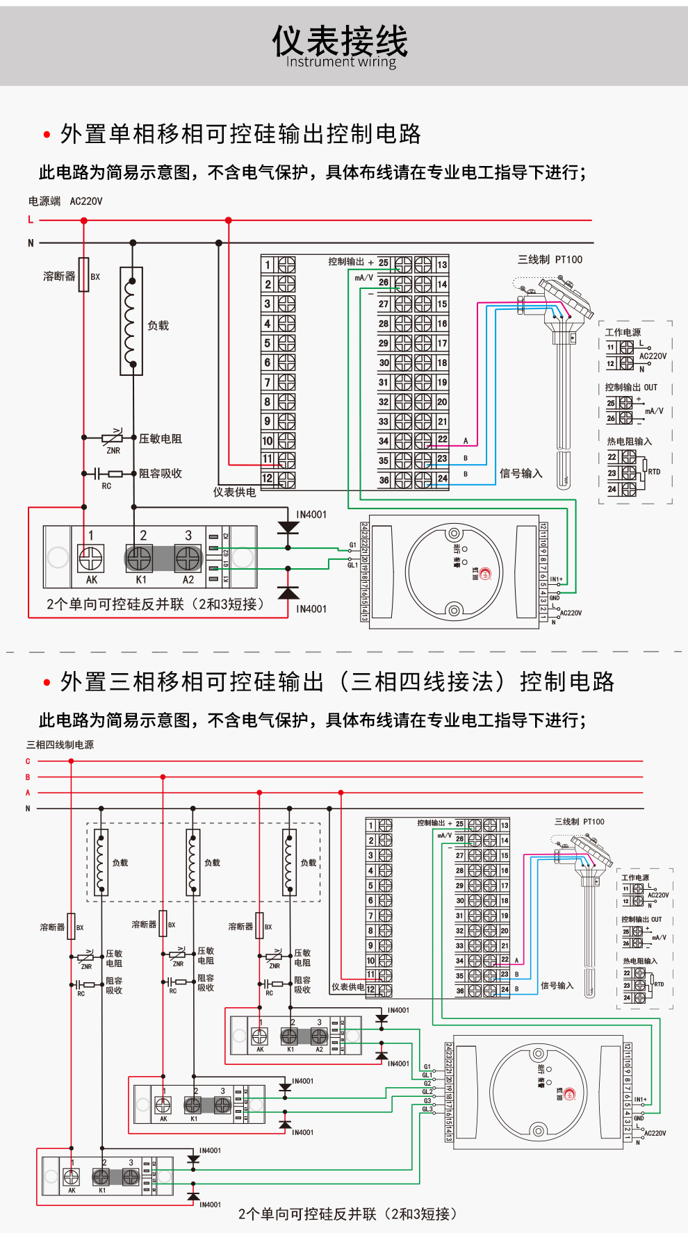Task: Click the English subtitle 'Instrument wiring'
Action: [x=341, y=62]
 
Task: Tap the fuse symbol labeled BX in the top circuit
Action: [x=84, y=274]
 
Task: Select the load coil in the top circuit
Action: [x=131, y=321]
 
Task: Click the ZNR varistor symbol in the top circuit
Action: [x=112, y=438]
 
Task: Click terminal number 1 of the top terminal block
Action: [x=267, y=265]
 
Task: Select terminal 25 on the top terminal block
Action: [x=384, y=263]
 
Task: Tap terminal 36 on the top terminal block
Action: [x=384, y=480]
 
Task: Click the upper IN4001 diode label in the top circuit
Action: [x=311, y=515]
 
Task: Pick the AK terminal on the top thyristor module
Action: [x=91, y=558]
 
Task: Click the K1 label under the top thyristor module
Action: [x=141, y=580]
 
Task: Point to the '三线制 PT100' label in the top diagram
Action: [x=550, y=260]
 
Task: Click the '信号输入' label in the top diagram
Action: [x=521, y=474]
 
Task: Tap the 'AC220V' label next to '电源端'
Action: [x=86, y=201]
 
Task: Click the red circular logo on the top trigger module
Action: [x=485, y=574]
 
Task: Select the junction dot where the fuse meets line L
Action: [x=84, y=221]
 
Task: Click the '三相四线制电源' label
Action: [x=60, y=745]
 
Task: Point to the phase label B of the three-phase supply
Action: [x=28, y=777]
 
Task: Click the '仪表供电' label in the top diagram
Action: [x=234, y=493]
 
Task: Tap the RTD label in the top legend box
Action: [x=654, y=472]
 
